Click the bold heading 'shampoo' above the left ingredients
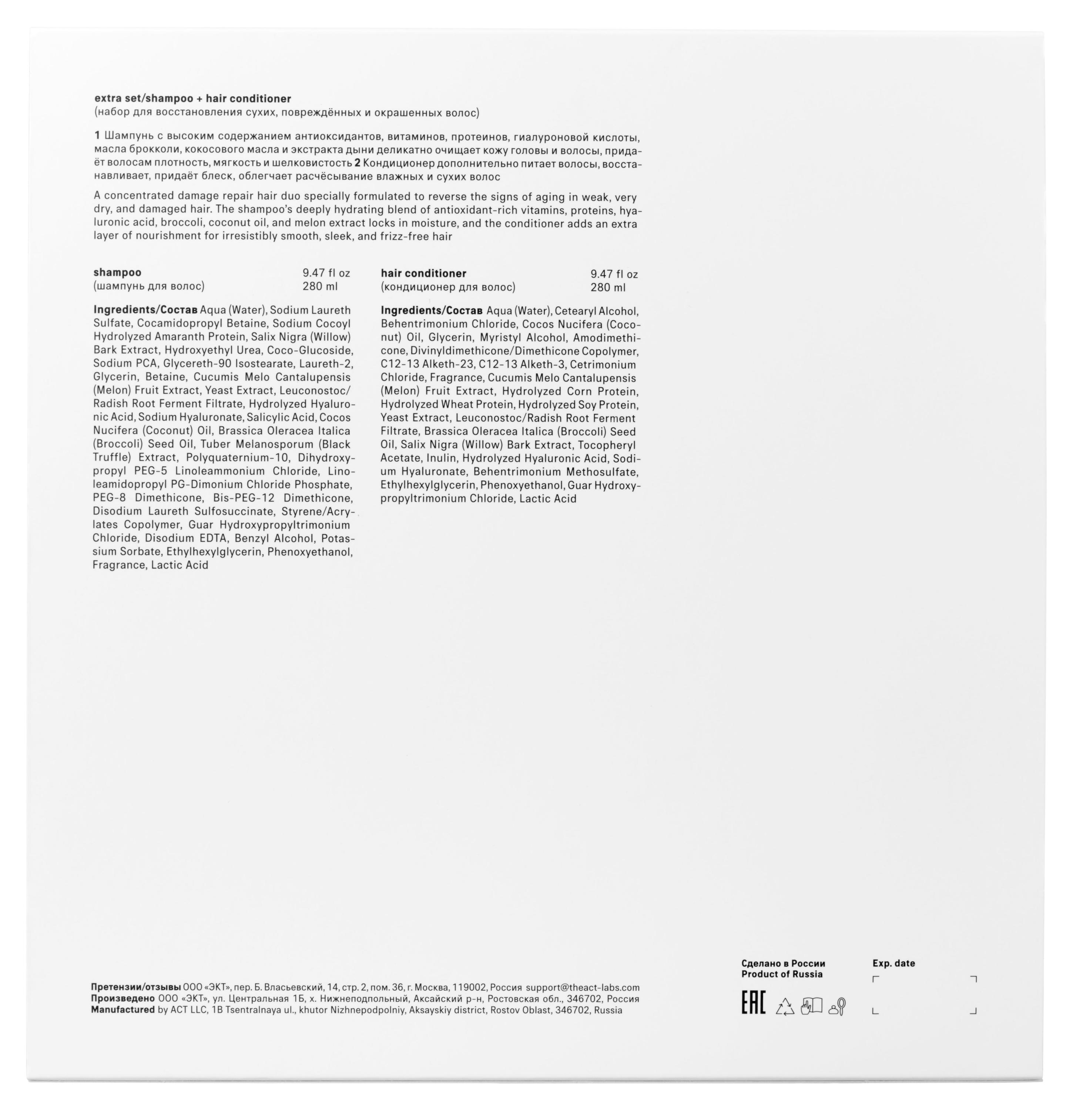(117, 272)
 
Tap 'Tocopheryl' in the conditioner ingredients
(606, 445)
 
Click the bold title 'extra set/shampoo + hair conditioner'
(192, 99)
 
